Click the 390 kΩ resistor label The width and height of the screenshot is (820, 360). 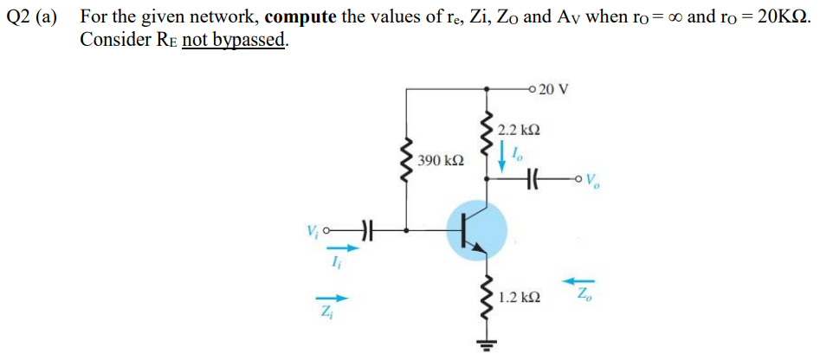click(x=440, y=161)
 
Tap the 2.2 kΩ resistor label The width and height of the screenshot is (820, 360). click(x=520, y=130)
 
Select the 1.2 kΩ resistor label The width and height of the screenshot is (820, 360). click(x=520, y=297)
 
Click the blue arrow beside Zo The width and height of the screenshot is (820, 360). click(x=577, y=280)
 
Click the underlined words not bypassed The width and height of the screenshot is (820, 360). click(x=233, y=40)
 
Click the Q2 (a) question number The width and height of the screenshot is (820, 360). click(x=36, y=16)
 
